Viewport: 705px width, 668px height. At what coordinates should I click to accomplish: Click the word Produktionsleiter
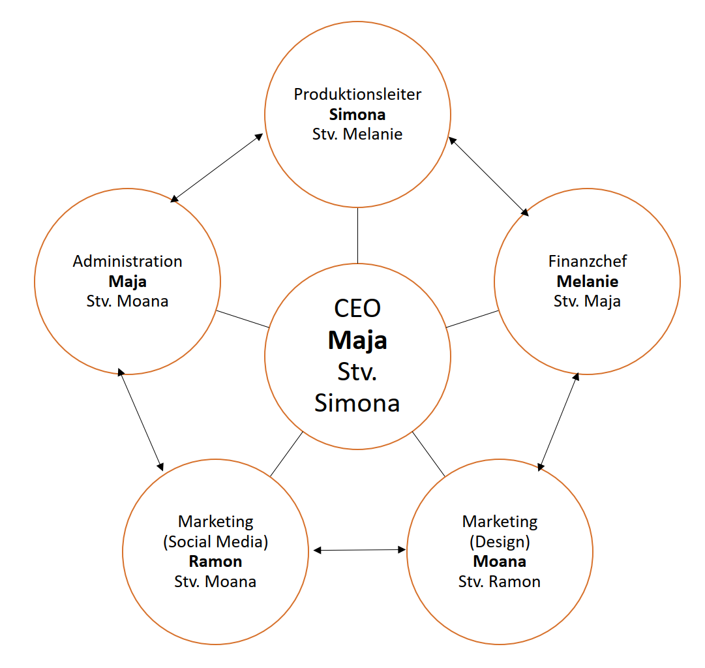click(x=357, y=95)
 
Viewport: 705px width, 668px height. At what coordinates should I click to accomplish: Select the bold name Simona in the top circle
click(x=357, y=115)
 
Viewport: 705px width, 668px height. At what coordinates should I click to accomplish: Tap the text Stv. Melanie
click(x=357, y=134)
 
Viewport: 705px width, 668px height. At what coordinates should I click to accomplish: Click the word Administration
click(x=128, y=262)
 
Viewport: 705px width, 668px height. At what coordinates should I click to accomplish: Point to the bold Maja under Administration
click(x=128, y=282)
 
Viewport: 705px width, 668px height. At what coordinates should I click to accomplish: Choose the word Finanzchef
click(x=588, y=262)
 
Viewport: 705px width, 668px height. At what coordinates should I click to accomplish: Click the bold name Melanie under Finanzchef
click(x=588, y=282)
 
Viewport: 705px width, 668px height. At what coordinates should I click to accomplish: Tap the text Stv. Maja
click(x=588, y=301)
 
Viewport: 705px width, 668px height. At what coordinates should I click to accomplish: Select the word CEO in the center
click(x=357, y=308)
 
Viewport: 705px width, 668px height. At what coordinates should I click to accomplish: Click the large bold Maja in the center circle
click(x=357, y=340)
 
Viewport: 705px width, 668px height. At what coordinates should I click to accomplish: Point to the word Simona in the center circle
click(x=357, y=403)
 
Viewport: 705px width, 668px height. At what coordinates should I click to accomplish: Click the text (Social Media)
click(x=215, y=541)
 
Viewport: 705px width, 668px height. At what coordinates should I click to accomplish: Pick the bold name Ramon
click(x=215, y=562)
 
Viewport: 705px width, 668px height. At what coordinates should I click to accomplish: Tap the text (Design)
click(x=500, y=541)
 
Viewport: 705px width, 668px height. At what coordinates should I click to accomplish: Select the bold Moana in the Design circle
click(x=500, y=562)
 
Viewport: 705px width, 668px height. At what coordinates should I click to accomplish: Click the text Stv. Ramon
click(x=500, y=582)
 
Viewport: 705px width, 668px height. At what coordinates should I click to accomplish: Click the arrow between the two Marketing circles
click(x=359, y=551)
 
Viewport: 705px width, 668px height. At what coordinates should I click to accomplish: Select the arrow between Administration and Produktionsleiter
click(x=217, y=168)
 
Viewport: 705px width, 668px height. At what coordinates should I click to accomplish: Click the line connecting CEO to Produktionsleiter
click(x=357, y=235)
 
